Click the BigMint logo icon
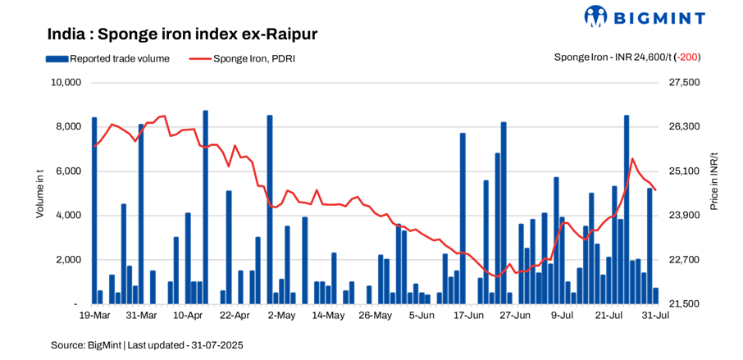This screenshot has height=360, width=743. click(x=595, y=16)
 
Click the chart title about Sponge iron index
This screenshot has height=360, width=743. click(x=182, y=34)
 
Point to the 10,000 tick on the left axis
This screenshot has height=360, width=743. click(x=66, y=83)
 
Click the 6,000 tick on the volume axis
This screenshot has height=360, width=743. click(x=68, y=171)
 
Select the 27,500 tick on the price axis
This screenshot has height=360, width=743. click(x=684, y=83)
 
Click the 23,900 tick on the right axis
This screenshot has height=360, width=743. click(x=684, y=216)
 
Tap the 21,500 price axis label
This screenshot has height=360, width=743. click(x=684, y=304)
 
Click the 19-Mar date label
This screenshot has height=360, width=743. click(x=94, y=315)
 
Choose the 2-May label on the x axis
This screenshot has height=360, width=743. click(x=281, y=315)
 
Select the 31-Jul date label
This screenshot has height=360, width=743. click(x=655, y=315)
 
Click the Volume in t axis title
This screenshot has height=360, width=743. click(x=39, y=194)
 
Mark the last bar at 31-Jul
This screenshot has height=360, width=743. click(x=655, y=296)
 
